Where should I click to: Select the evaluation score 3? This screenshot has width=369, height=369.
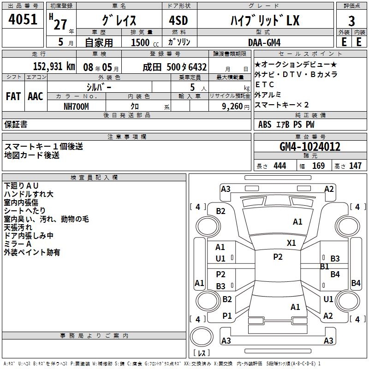pyautogui.click(x=351, y=21)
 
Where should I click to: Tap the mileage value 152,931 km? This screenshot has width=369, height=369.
pyautogui.click(x=54, y=66)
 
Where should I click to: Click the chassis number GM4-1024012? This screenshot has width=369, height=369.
pyautogui.click(x=310, y=147)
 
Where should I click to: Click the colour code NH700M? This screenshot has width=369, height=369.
pyautogui.click(x=76, y=106)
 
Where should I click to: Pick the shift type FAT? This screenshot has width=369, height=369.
pyautogui.click(x=13, y=96)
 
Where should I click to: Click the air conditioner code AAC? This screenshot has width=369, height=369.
pyautogui.click(x=35, y=96)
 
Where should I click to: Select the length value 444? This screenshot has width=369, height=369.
pyautogui.click(x=280, y=166)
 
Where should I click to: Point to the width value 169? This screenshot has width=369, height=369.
pyautogui.click(x=318, y=166)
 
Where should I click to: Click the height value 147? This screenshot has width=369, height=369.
pyautogui.click(x=355, y=166)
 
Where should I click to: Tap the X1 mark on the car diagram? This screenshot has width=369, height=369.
pyautogui.click(x=291, y=243)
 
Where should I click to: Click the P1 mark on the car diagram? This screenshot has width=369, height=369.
pyautogui.click(x=227, y=316)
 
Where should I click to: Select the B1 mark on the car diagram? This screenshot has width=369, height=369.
pyautogui.click(x=324, y=267)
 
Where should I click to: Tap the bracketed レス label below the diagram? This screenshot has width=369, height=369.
pyautogui.click(x=202, y=353)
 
